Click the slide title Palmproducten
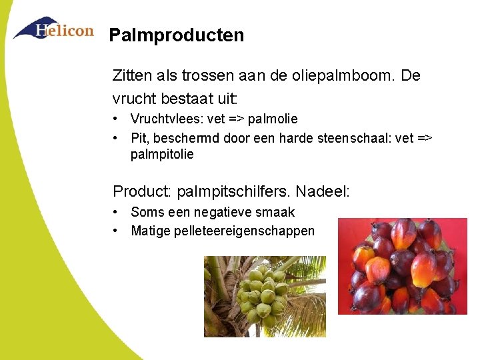point(177,35)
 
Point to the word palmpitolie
point(162,155)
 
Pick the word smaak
point(277,213)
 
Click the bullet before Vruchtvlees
point(116,119)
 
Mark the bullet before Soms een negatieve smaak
point(116,213)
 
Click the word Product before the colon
point(141,192)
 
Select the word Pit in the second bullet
point(138,138)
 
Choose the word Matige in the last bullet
point(149,231)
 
